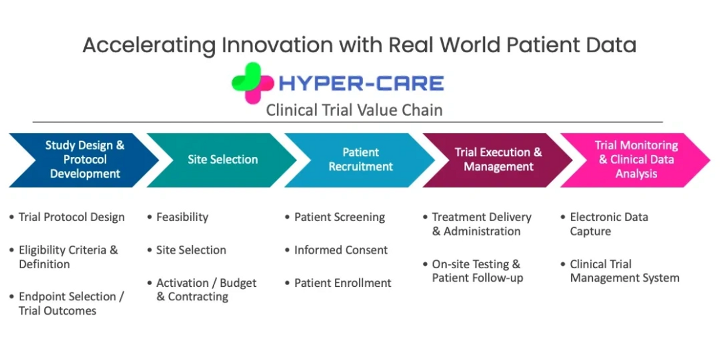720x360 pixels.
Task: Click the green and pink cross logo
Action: click(x=253, y=83)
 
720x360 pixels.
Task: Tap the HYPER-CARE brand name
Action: click(x=361, y=83)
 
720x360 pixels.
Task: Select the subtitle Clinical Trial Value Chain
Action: click(x=354, y=110)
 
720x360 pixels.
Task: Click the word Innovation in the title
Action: click(x=277, y=45)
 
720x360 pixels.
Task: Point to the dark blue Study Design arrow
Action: click(x=84, y=160)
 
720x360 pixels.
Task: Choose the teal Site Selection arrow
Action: click(x=222, y=160)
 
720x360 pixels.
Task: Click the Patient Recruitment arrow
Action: click(x=360, y=160)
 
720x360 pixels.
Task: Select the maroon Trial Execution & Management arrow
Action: click(x=498, y=160)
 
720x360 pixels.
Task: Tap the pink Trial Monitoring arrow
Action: click(x=636, y=160)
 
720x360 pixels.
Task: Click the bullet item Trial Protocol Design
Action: click(x=71, y=217)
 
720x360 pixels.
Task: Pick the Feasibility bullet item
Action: click(x=182, y=217)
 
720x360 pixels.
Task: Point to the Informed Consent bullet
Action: click(x=341, y=250)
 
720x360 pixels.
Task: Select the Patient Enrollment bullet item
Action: click(x=343, y=283)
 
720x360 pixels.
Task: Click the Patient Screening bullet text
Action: click(x=340, y=217)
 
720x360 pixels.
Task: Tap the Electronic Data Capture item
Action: click(x=609, y=224)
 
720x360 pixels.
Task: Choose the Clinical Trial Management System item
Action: click(x=625, y=271)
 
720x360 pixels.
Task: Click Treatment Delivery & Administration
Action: click(x=481, y=224)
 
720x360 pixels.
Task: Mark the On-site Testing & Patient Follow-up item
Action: click(x=477, y=271)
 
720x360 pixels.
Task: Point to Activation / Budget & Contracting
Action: click(x=206, y=290)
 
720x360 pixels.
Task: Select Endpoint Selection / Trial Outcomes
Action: click(x=71, y=304)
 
